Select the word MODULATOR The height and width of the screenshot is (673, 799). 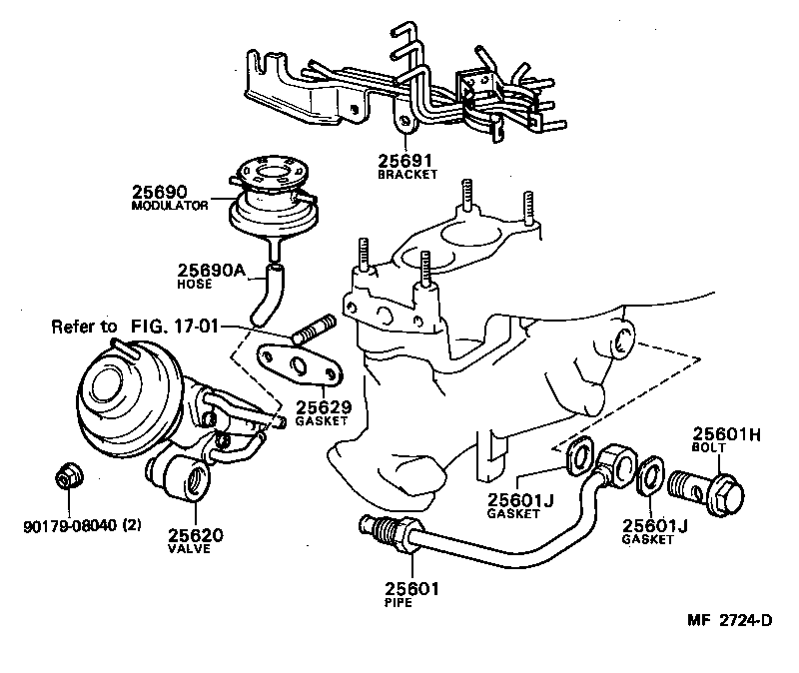(x=169, y=205)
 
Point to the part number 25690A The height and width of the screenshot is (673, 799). (x=211, y=269)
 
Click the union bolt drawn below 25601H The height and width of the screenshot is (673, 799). (x=711, y=490)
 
